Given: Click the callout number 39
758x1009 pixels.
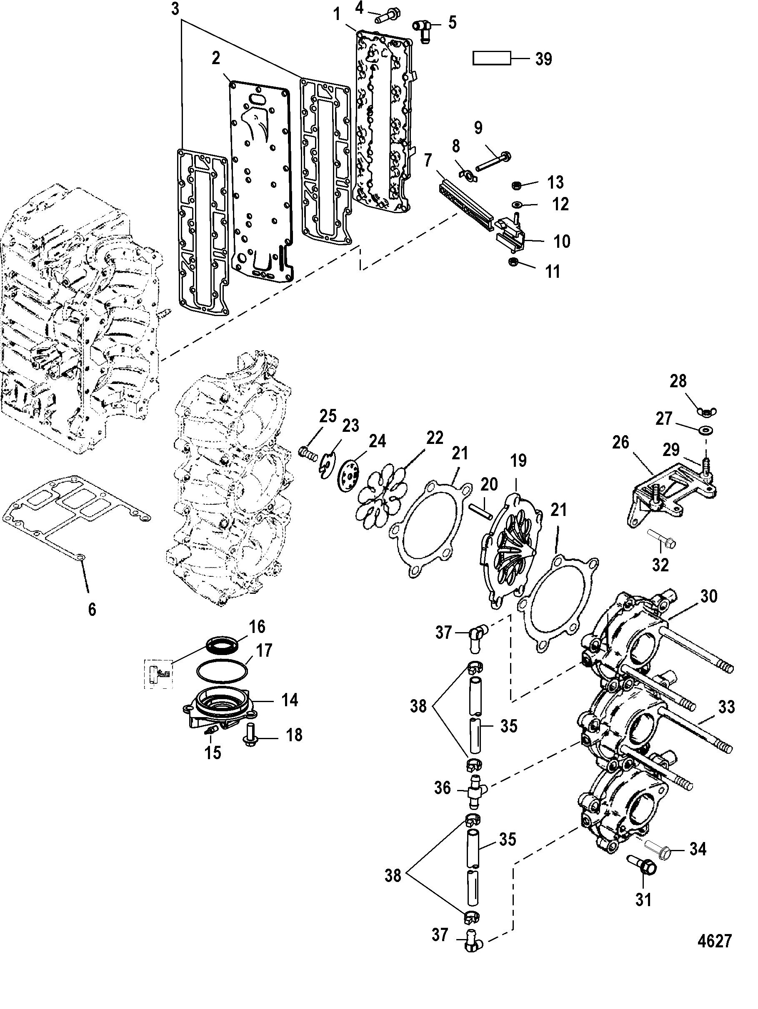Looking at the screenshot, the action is (x=543, y=59).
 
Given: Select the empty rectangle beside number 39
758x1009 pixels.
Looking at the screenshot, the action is (x=491, y=58).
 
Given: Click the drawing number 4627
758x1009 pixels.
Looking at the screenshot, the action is (x=715, y=941).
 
